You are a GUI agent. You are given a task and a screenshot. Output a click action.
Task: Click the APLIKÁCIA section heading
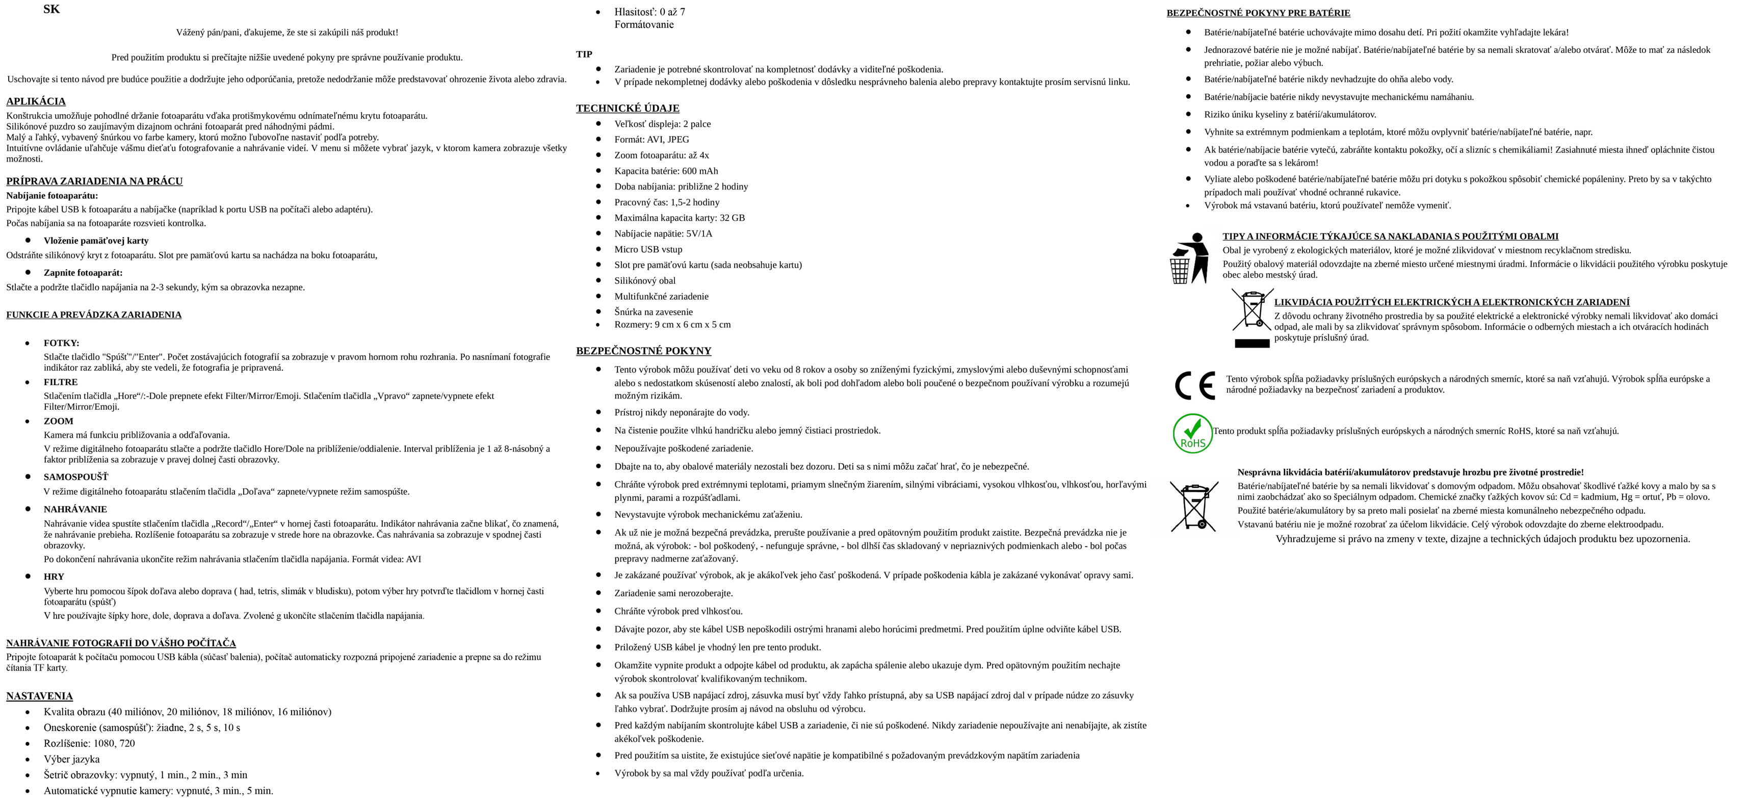pyautogui.click(x=36, y=101)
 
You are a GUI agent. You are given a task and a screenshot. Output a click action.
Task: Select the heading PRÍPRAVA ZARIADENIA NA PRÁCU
pyautogui.click(x=94, y=181)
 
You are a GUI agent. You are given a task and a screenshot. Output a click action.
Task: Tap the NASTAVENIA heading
pyautogui.click(x=39, y=696)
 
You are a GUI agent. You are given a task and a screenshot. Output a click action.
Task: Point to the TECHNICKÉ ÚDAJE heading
pyautogui.click(x=627, y=109)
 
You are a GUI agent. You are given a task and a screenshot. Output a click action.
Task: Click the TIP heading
pyautogui.click(x=584, y=54)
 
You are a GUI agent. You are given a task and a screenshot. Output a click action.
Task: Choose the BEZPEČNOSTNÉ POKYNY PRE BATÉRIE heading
pyautogui.click(x=1258, y=13)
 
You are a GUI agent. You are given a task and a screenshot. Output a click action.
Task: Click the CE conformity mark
pyautogui.click(x=1194, y=385)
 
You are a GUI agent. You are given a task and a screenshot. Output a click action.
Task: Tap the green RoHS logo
pyautogui.click(x=1192, y=434)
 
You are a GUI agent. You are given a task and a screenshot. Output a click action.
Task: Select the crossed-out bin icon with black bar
pyautogui.click(x=1251, y=317)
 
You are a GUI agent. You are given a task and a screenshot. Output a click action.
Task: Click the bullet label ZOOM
pyautogui.click(x=58, y=421)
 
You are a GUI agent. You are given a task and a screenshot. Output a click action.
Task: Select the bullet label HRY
pyautogui.click(x=54, y=576)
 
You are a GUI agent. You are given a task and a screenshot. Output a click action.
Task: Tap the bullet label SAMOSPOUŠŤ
pyautogui.click(x=76, y=477)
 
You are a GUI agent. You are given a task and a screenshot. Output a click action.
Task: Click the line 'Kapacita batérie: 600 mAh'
pyautogui.click(x=666, y=171)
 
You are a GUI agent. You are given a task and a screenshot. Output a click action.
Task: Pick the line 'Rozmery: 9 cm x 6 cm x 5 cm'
pyautogui.click(x=672, y=325)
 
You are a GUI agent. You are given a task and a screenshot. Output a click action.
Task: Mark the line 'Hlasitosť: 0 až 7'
pyautogui.click(x=649, y=12)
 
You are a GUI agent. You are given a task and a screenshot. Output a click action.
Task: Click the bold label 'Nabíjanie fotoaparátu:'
pyautogui.click(x=52, y=196)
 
